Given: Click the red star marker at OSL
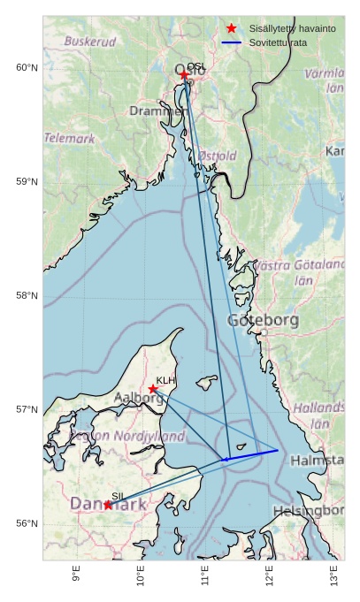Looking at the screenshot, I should [185, 75].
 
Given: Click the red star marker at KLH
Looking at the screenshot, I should [153, 389].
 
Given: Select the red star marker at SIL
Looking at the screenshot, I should [108, 505].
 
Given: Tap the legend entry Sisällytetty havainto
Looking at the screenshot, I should [292, 29].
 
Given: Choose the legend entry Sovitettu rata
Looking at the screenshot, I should [278, 42].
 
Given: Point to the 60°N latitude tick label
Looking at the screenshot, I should [27, 68].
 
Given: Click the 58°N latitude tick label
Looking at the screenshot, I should [27, 296].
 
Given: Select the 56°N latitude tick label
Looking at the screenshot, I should [27, 524].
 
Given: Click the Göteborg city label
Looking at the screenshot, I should [264, 320].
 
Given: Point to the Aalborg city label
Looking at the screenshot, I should [139, 399].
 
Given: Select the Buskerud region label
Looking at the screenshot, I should [90, 42].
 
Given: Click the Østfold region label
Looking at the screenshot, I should [217, 156].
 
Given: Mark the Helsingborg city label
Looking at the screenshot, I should [308, 511].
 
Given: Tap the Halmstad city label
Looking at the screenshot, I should [317, 461].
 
